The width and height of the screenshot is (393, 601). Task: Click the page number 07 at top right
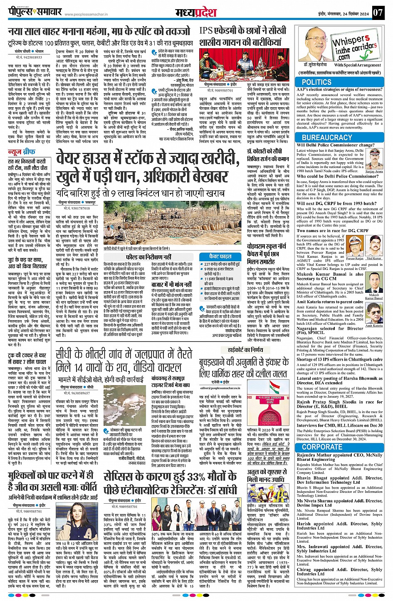click(x=377, y=12)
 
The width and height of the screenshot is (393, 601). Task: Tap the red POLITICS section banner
click(x=316, y=82)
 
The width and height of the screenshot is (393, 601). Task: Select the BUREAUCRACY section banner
click(x=327, y=137)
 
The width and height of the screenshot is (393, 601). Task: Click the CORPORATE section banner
click(x=322, y=447)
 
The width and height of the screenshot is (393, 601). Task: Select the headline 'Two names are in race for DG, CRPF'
click(x=332, y=230)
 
